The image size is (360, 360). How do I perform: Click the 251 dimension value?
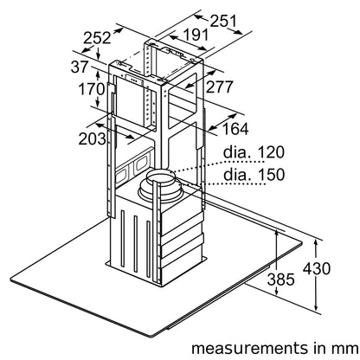click(223, 21)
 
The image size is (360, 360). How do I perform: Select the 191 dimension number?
click(196, 35)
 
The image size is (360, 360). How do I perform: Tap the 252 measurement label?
click(97, 38)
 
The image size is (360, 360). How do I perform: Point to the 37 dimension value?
click(80, 67)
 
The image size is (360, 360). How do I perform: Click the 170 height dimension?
click(92, 89)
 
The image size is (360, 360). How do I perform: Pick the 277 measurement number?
click(219, 87)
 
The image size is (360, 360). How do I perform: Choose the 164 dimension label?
click(235, 129)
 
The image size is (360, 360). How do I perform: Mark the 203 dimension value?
click(93, 139)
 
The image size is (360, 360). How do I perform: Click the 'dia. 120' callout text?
click(254, 152)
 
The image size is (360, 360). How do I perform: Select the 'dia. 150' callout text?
click(254, 174)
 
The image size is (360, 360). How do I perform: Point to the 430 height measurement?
click(317, 268)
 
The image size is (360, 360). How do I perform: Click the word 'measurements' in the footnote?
click(250, 348)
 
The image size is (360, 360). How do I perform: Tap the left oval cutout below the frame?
click(121, 175)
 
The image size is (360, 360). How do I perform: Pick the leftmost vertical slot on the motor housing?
click(123, 239)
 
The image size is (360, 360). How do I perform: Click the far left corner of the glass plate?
click(11, 280)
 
